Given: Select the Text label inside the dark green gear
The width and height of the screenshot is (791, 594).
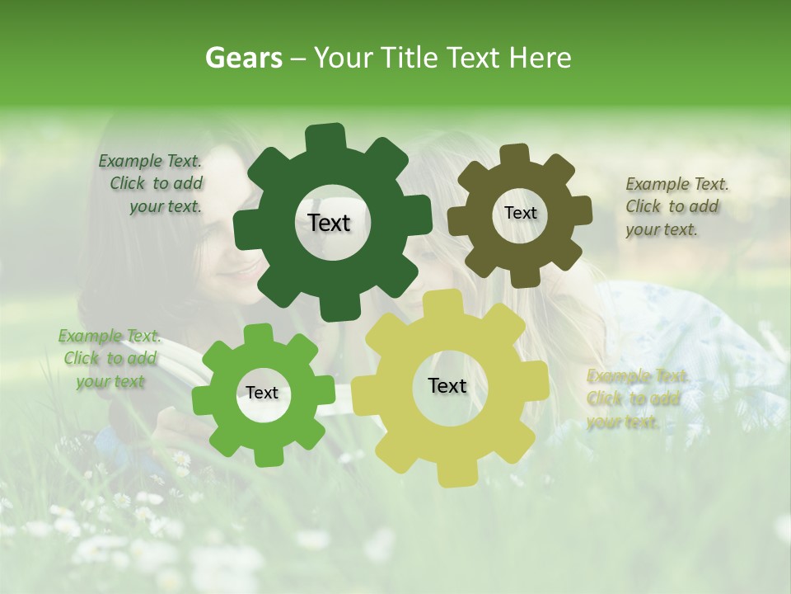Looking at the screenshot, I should pos(329,223).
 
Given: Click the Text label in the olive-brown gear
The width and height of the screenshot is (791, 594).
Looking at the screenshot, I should pos(520,213).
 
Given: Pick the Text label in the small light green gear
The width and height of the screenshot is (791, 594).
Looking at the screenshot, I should pos(262,393).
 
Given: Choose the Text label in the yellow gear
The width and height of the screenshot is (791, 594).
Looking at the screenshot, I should pos(447,385).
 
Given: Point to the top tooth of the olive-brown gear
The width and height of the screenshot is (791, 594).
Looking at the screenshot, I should pos(515,155).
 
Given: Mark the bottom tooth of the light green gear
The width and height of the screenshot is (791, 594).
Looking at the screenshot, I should pos(263,455).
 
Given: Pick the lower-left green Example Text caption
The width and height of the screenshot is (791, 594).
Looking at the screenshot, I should pos(110,359).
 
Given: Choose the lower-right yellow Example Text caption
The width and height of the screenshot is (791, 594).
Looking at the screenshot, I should pos(634,398).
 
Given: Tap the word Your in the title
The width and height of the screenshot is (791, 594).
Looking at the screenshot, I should pos(342,58).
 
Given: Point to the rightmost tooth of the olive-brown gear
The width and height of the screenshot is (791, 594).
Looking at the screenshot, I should pos(581,210).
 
